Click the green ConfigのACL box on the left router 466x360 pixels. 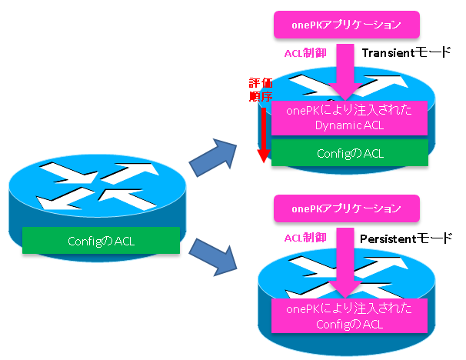click(x=102, y=240)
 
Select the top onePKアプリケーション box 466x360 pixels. click(x=347, y=24)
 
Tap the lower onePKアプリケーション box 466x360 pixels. click(x=347, y=208)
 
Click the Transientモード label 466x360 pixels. click(x=405, y=54)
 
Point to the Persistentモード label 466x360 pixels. click(x=407, y=240)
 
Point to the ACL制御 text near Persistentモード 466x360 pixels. click(x=307, y=239)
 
